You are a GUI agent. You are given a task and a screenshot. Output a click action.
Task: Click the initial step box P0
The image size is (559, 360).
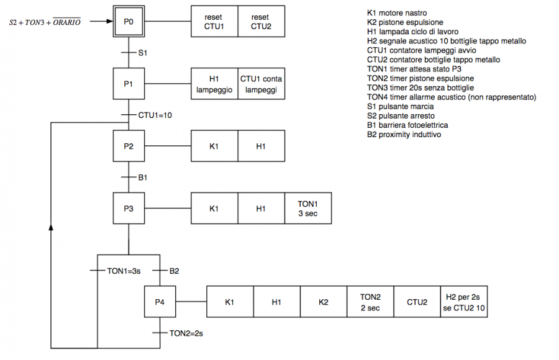[129, 22]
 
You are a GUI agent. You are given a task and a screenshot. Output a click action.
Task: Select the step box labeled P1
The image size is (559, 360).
[129, 84]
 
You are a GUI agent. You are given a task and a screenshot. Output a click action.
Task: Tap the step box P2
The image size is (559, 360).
[129, 146]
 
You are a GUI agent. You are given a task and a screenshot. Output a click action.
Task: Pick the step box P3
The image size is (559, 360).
[129, 208]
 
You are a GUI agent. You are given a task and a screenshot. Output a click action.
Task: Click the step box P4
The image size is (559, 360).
[160, 302]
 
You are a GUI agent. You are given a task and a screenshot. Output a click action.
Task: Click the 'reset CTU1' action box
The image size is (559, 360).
[214, 22]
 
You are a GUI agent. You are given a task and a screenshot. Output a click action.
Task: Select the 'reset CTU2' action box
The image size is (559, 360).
[261, 22]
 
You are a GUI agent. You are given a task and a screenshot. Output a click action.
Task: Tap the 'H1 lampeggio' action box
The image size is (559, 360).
[214, 84]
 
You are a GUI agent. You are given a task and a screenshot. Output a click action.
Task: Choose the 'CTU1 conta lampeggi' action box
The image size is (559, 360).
[261, 84]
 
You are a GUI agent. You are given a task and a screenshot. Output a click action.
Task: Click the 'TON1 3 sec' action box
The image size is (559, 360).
[307, 208]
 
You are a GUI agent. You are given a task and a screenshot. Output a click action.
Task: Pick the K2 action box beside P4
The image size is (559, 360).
[323, 302]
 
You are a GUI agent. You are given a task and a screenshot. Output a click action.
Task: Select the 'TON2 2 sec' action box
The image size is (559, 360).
[370, 302]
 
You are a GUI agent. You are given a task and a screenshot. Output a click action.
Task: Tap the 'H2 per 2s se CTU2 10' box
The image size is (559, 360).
[463, 302]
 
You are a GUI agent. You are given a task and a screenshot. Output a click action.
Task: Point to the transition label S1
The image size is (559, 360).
[142, 53]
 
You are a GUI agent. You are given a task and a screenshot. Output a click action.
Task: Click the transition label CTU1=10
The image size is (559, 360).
[155, 115]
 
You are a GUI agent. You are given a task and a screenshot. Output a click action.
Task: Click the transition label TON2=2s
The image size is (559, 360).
[186, 333]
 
